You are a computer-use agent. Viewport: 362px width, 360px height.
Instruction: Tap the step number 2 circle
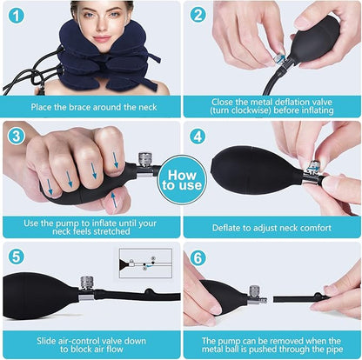click(x=198, y=16)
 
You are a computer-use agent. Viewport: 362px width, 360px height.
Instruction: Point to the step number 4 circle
click(x=199, y=137)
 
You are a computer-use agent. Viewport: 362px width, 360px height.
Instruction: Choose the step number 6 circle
click(x=199, y=258)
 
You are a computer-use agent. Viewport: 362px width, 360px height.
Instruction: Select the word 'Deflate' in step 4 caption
click(x=227, y=228)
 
